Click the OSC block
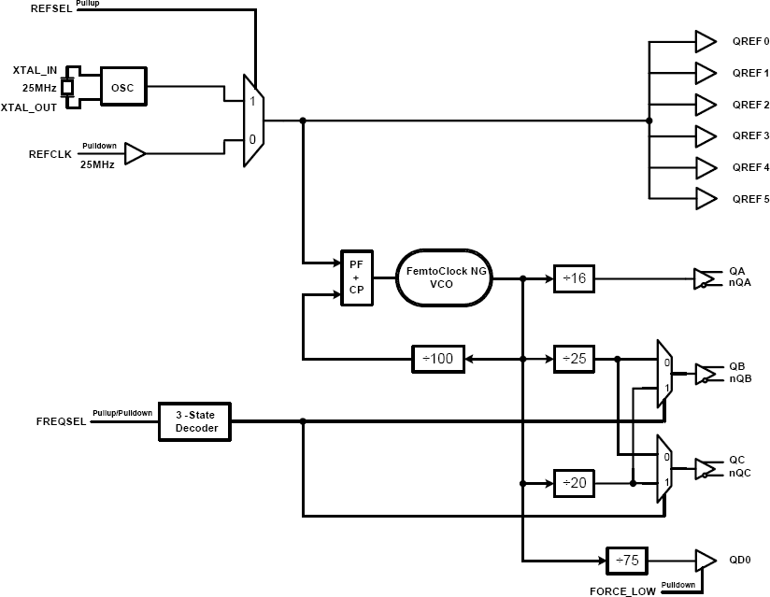122,88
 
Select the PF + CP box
355,277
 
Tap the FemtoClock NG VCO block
446,277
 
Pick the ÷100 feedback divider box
438,358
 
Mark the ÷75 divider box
626,560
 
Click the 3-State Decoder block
195,422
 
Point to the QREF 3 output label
750,135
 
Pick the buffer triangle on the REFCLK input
135,154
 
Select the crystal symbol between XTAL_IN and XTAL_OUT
67,88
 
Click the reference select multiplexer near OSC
253,121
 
